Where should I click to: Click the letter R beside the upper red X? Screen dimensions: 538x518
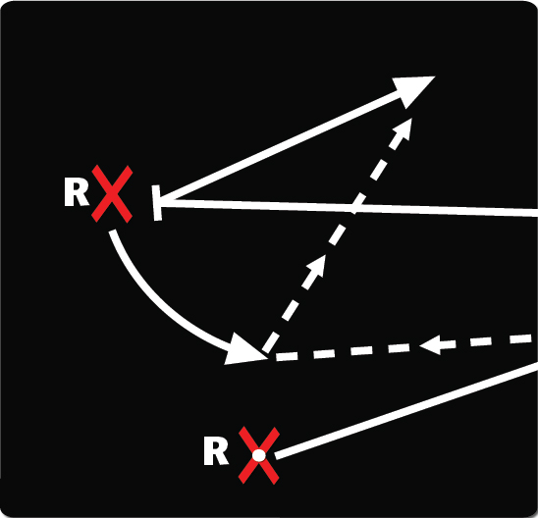tap(77, 193)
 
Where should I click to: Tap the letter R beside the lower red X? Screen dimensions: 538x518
tap(216, 452)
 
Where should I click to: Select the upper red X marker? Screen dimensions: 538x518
tap(112, 194)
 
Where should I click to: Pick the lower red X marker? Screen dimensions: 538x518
tap(259, 455)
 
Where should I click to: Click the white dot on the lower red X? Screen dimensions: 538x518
tap(259, 455)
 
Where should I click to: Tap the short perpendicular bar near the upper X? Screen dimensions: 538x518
tap(157, 203)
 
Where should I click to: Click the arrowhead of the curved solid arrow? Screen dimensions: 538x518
tap(243, 350)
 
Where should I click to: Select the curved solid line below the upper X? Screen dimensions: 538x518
tap(165, 304)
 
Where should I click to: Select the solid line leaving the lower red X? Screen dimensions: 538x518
tap(406, 410)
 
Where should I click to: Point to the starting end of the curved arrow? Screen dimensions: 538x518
tap(113, 232)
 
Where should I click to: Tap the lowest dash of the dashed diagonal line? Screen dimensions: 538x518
tap(270, 341)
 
